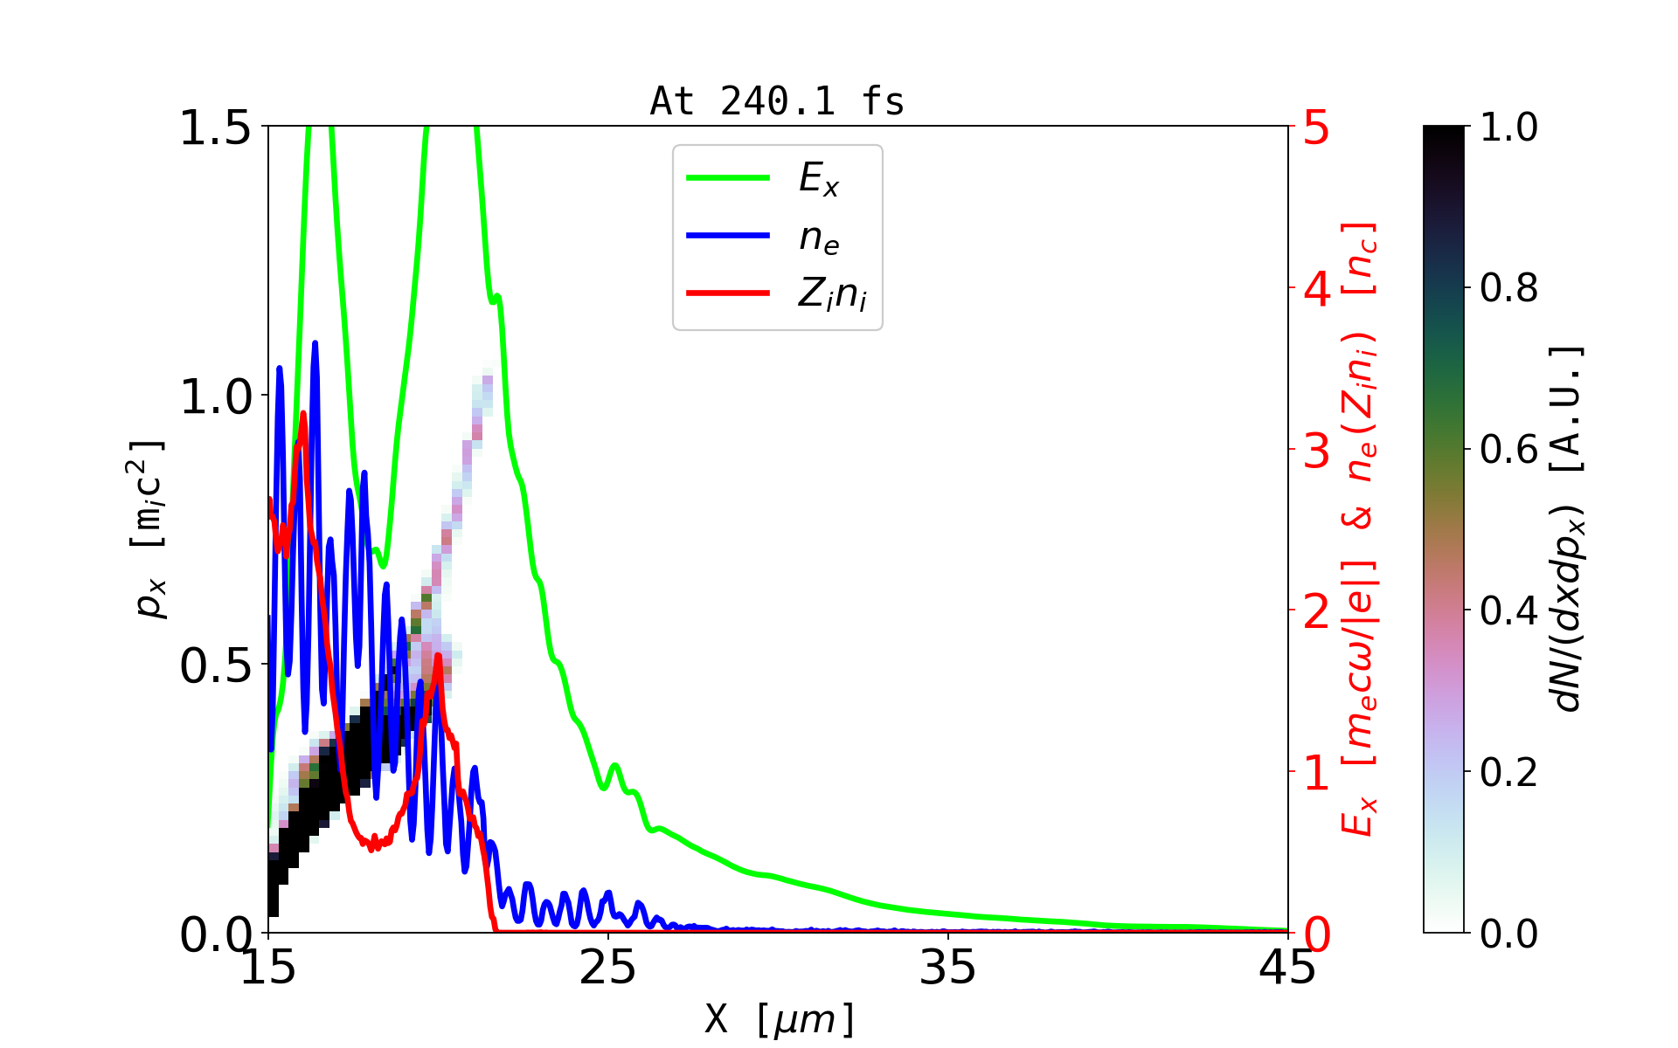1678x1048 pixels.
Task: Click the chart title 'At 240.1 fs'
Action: coord(777,101)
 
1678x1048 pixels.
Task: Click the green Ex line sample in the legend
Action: coord(728,178)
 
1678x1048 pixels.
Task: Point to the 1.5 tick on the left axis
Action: coord(215,128)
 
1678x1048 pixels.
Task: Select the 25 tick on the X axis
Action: coord(608,968)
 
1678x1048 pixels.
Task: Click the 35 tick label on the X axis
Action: coord(948,968)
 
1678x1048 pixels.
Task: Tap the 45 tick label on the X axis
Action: coord(1287,968)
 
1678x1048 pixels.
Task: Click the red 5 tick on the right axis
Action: coord(1316,128)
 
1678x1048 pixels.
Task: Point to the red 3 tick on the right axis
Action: coord(1316,451)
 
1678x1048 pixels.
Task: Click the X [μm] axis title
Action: coord(779,1018)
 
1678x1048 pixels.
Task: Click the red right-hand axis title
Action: coord(1360,528)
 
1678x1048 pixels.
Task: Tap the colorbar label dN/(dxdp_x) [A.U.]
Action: coord(1568,528)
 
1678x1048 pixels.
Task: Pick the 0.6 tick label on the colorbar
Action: coord(1508,450)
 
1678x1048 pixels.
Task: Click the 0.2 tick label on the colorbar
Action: coord(1508,772)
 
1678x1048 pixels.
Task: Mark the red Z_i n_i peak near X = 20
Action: coord(438,655)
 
